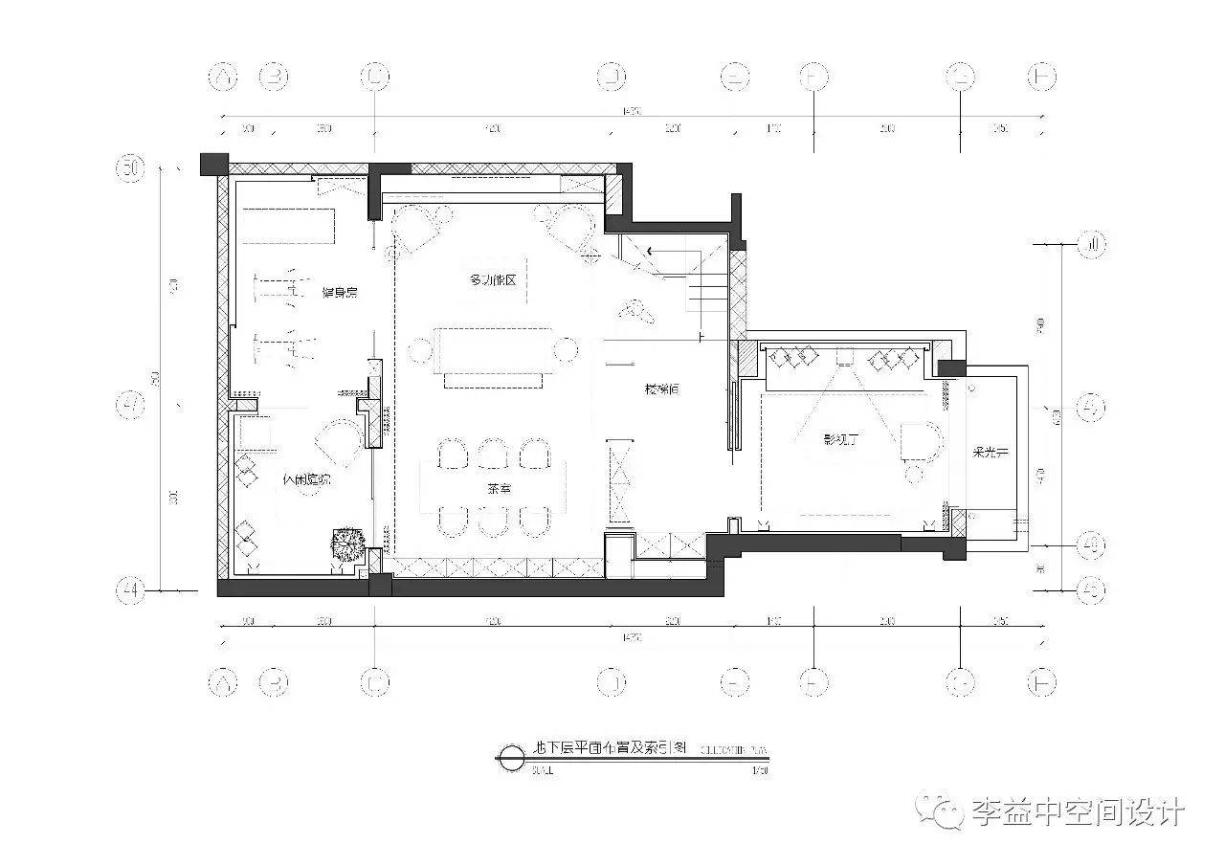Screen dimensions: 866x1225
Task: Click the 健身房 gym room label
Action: [x=339, y=292]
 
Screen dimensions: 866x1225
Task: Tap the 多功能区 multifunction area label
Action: [x=492, y=280]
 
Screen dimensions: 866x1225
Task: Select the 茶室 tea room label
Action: [x=499, y=488]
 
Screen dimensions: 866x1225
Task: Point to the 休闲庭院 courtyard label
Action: [x=306, y=480]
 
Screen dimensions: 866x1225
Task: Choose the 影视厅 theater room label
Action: [x=841, y=441]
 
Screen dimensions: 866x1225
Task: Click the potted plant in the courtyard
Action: [x=345, y=544]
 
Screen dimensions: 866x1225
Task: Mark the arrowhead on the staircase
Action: [x=651, y=252]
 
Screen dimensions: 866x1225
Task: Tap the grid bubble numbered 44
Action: [x=130, y=590]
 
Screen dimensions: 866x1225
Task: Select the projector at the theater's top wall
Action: [x=843, y=356]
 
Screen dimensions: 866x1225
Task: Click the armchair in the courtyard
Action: [x=338, y=442]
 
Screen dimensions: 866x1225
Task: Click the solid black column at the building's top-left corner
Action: [x=213, y=164]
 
